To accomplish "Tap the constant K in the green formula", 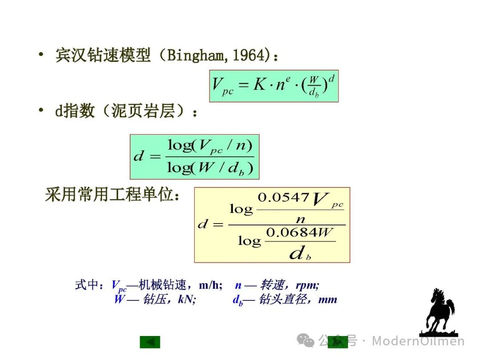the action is click(260, 84).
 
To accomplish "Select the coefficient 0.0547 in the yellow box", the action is click(283, 197).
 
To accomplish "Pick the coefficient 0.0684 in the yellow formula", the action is click(292, 232).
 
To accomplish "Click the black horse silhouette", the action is click(439, 312).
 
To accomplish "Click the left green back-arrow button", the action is click(150, 342).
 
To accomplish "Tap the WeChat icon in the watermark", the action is click(305, 340).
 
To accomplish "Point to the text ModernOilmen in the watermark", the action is click(418, 341).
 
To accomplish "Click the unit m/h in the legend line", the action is click(211, 285).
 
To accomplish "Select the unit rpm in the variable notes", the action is click(308, 286).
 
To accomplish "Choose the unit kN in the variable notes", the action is click(187, 299).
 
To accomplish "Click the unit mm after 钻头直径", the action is click(328, 300).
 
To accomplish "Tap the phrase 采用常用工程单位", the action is click(109, 194).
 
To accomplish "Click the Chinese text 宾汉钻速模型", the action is click(103, 55).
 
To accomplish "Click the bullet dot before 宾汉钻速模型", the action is click(41, 55).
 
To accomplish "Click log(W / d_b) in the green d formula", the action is click(210, 168).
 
